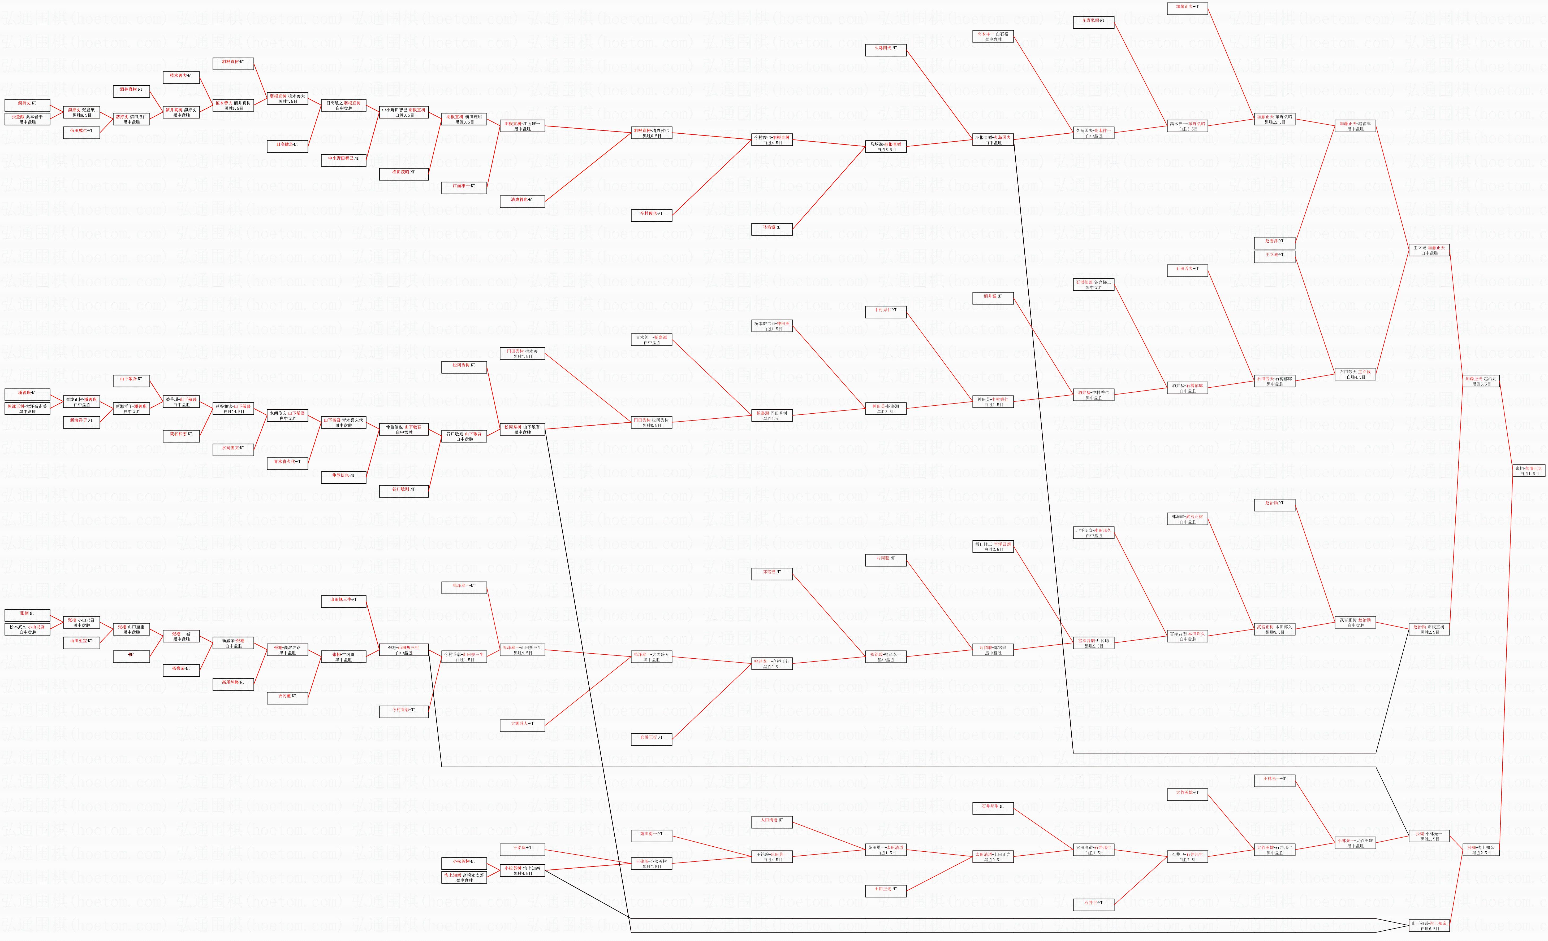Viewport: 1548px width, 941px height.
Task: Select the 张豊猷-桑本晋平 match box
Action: pos(27,119)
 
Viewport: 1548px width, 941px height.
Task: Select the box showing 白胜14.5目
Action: pos(234,409)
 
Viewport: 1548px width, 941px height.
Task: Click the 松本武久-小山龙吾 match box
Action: pos(27,629)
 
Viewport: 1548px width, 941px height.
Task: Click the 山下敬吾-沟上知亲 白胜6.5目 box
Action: pos(1429,926)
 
